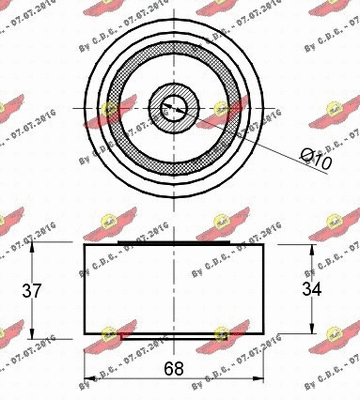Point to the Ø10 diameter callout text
click(x=314, y=158)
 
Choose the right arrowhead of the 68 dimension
click(x=263, y=378)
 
